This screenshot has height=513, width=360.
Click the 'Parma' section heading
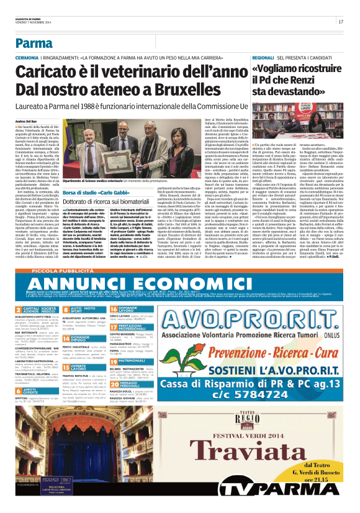coord(34,43)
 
